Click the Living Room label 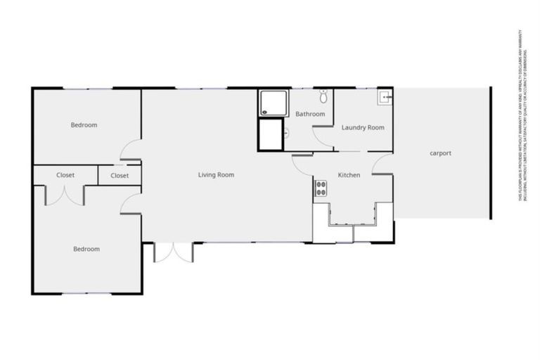(216, 174)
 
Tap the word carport (440, 153)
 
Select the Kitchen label (349, 175)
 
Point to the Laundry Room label (363, 127)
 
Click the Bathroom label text (310, 114)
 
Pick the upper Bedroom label (84, 125)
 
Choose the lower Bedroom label (86, 249)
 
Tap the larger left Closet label (65, 175)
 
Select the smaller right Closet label (120, 176)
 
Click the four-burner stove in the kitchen (321, 188)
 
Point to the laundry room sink (385, 97)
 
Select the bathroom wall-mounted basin (287, 132)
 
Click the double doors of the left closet (65, 195)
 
